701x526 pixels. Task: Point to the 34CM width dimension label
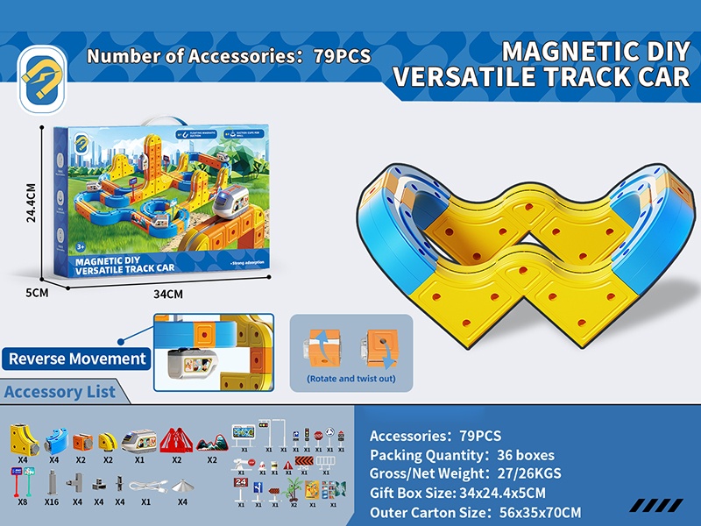[167, 294]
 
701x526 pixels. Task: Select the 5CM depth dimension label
[37, 293]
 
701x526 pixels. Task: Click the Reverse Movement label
[78, 359]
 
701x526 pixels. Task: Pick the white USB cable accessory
[145, 485]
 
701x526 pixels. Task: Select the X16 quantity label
[53, 502]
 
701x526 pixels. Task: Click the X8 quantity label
[23, 502]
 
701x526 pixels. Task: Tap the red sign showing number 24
[240, 483]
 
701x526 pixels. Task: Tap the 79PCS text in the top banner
[342, 55]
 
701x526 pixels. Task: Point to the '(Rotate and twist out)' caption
[350, 379]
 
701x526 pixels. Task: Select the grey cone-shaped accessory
[182, 485]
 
